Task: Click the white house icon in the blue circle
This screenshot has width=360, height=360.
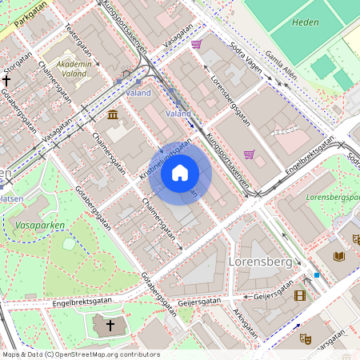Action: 180,173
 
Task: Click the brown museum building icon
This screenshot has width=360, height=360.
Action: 114,117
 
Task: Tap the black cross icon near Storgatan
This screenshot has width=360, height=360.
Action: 7,80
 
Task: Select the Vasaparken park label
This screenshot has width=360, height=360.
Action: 38,226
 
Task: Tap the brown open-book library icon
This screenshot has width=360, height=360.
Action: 338,256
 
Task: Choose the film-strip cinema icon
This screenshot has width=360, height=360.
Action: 300,295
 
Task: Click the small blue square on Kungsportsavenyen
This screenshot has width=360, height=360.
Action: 317,275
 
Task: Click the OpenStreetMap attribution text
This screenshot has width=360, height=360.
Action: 80,354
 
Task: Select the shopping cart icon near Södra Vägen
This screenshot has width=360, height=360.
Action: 196,45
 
